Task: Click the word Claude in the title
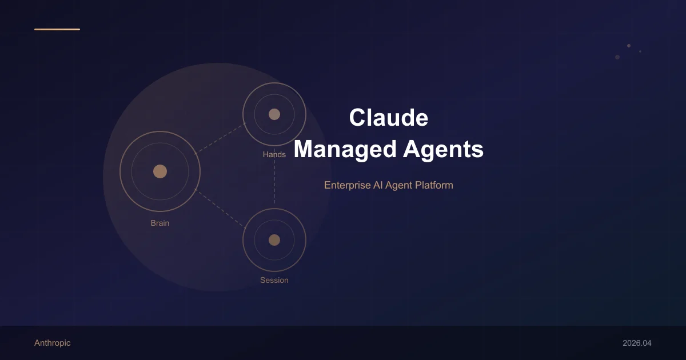point(388,118)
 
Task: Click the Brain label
point(160,223)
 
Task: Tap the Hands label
point(274,154)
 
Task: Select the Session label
point(274,280)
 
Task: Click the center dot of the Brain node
point(160,171)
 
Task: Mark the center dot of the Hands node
point(274,114)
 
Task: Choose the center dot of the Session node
point(274,240)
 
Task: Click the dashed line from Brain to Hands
point(220,138)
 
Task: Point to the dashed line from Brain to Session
point(220,206)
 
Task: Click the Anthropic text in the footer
point(53,343)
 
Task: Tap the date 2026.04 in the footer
point(637,343)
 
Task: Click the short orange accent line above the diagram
point(57,29)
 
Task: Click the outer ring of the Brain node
point(121,171)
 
